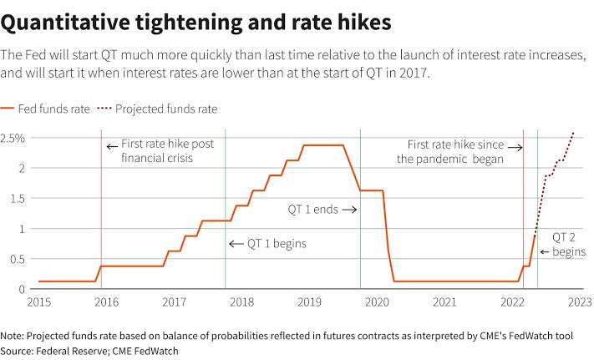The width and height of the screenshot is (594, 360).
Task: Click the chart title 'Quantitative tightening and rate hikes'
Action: [x=195, y=23]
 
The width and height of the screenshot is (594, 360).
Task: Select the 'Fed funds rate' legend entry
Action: [x=45, y=109]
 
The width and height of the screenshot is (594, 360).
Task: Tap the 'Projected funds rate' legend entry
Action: [x=157, y=109]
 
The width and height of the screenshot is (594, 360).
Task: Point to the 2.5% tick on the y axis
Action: [x=13, y=138]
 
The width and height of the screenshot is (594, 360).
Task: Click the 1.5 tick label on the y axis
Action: [x=18, y=198]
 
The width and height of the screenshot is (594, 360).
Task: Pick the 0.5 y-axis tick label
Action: [x=18, y=259]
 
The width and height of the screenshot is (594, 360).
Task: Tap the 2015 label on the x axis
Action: [x=38, y=302]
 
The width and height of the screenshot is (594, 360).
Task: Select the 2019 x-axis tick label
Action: [x=309, y=302]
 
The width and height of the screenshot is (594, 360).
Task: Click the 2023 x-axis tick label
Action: [x=580, y=302]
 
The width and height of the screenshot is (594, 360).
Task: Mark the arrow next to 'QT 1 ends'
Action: [x=349, y=210]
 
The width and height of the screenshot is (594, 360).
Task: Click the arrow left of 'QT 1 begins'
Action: [x=236, y=244]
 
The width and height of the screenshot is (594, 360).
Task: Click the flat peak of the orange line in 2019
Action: [x=323, y=145]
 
